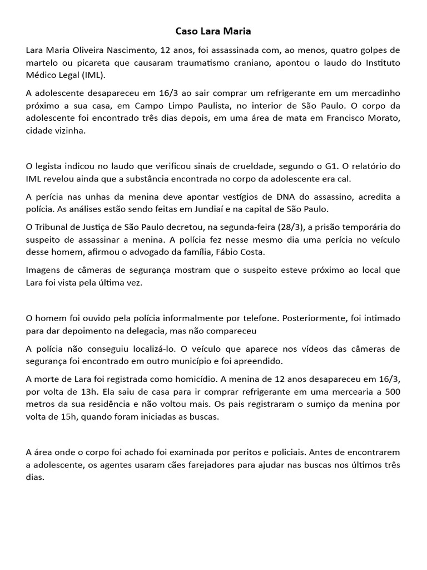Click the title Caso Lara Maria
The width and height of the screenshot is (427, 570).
pyautogui.click(x=213, y=32)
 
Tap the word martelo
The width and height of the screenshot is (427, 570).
pyautogui.click(x=42, y=63)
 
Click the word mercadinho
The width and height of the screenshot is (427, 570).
pyautogui.click(x=377, y=93)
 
